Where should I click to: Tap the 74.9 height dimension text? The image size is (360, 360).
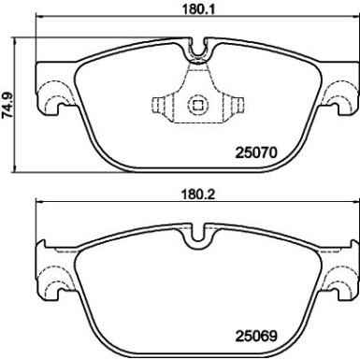click(9, 100)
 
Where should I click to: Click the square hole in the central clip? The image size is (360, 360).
click(197, 106)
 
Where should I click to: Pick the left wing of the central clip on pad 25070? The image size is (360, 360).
click(165, 106)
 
